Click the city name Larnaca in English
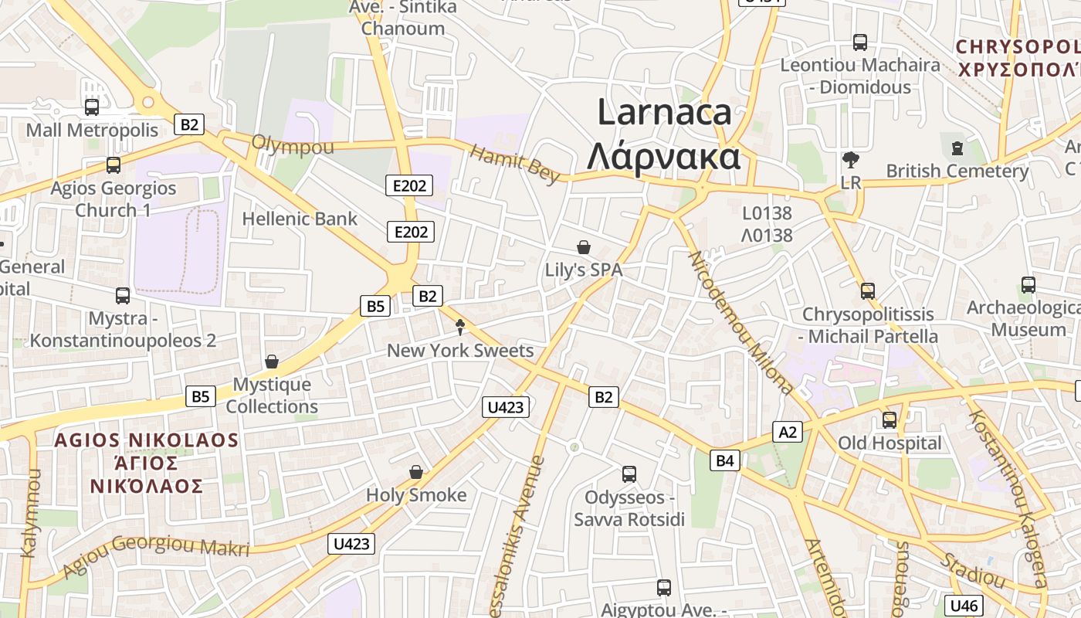click(x=664, y=112)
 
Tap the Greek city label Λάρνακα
click(x=664, y=156)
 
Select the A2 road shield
click(x=788, y=431)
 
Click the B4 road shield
click(x=724, y=460)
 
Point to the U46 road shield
click(x=964, y=606)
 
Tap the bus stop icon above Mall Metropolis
click(x=92, y=107)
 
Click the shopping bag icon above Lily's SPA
click(x=584, y=247)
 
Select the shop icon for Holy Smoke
click(x=416, y=471)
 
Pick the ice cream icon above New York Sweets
click(x=460, y=328)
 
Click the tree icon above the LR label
click(x=851, y=161)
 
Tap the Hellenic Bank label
click(x=300, y=219)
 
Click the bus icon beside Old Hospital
click(x=890, y=420)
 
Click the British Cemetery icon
click(x=957, y=148)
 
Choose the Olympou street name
click(x=293, y=145)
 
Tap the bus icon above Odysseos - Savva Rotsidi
click(x=629, y=474)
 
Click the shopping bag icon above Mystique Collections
click(x=272, y=362)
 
